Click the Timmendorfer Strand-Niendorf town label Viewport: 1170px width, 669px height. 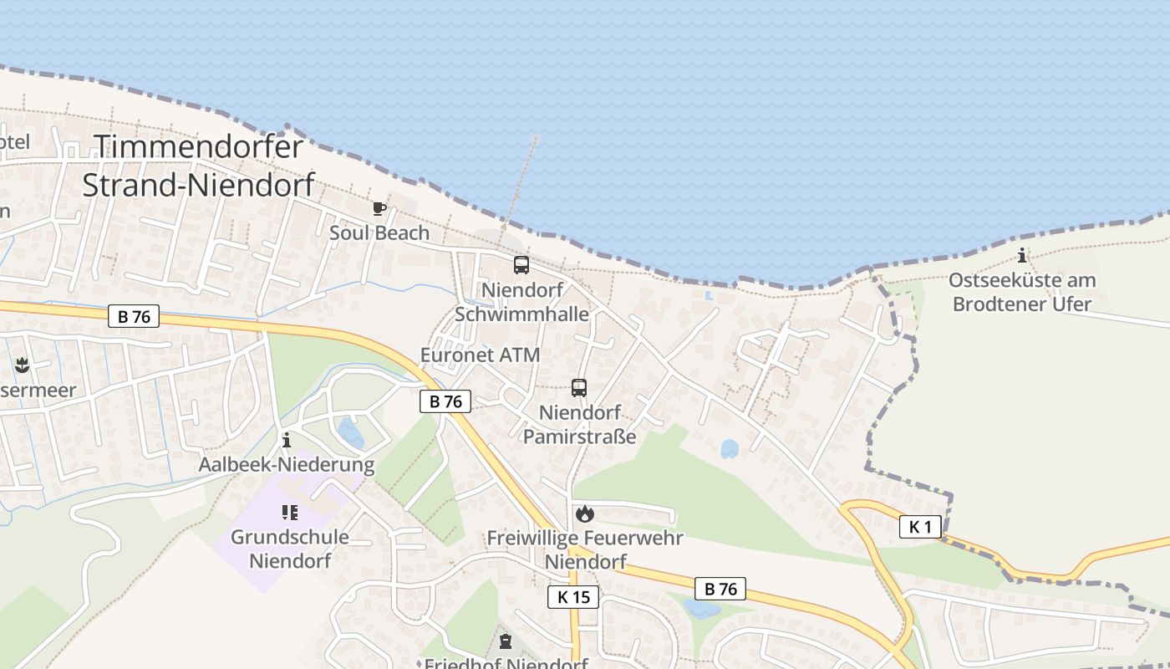coord(198,165)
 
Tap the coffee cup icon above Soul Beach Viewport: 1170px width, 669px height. coord(379,208)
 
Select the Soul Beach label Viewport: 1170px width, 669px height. coord(379,232)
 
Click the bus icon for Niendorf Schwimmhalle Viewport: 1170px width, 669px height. coord(521,265)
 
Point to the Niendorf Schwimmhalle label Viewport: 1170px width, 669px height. coord(521,302)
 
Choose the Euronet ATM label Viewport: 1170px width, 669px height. coord(480,355)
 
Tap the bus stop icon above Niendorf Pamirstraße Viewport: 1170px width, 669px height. coord(578,387)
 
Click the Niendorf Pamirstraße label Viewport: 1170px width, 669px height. coord(579,424)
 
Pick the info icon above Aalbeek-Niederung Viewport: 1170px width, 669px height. coord(287,439)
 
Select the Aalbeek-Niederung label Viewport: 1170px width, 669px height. coord(286,464)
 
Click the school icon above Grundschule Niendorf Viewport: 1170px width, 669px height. coord(290,512)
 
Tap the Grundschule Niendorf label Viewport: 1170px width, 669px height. coord(290,549)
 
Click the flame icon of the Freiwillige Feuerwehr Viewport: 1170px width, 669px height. coord(584,513)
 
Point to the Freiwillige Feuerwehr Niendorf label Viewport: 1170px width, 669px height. coord(584,549)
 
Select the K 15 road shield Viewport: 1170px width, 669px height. coord(573,597)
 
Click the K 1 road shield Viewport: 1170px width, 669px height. coord(920,527)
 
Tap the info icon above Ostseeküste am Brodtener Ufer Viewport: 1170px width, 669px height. coord(1022,255)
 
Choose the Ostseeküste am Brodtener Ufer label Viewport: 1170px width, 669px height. coord(1022,292)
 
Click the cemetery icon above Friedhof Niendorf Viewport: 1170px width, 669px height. coord(505,641)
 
